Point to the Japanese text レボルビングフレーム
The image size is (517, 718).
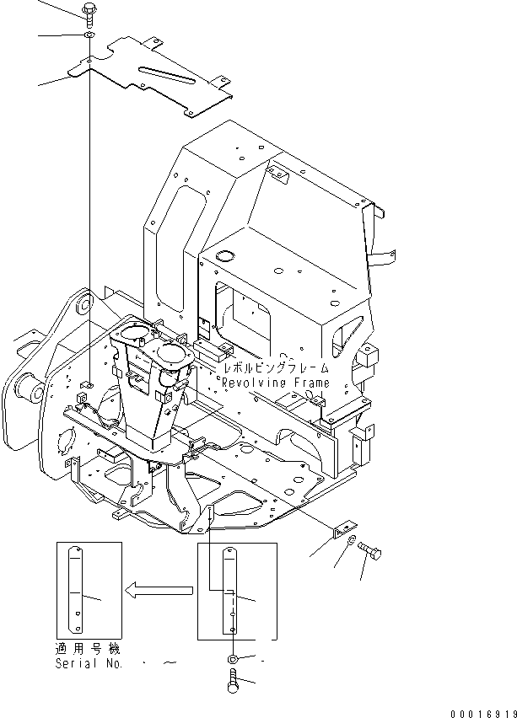tap(275, 369)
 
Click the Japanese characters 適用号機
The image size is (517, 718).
tap(87, 651)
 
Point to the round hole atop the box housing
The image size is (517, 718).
tap(225, 255)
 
